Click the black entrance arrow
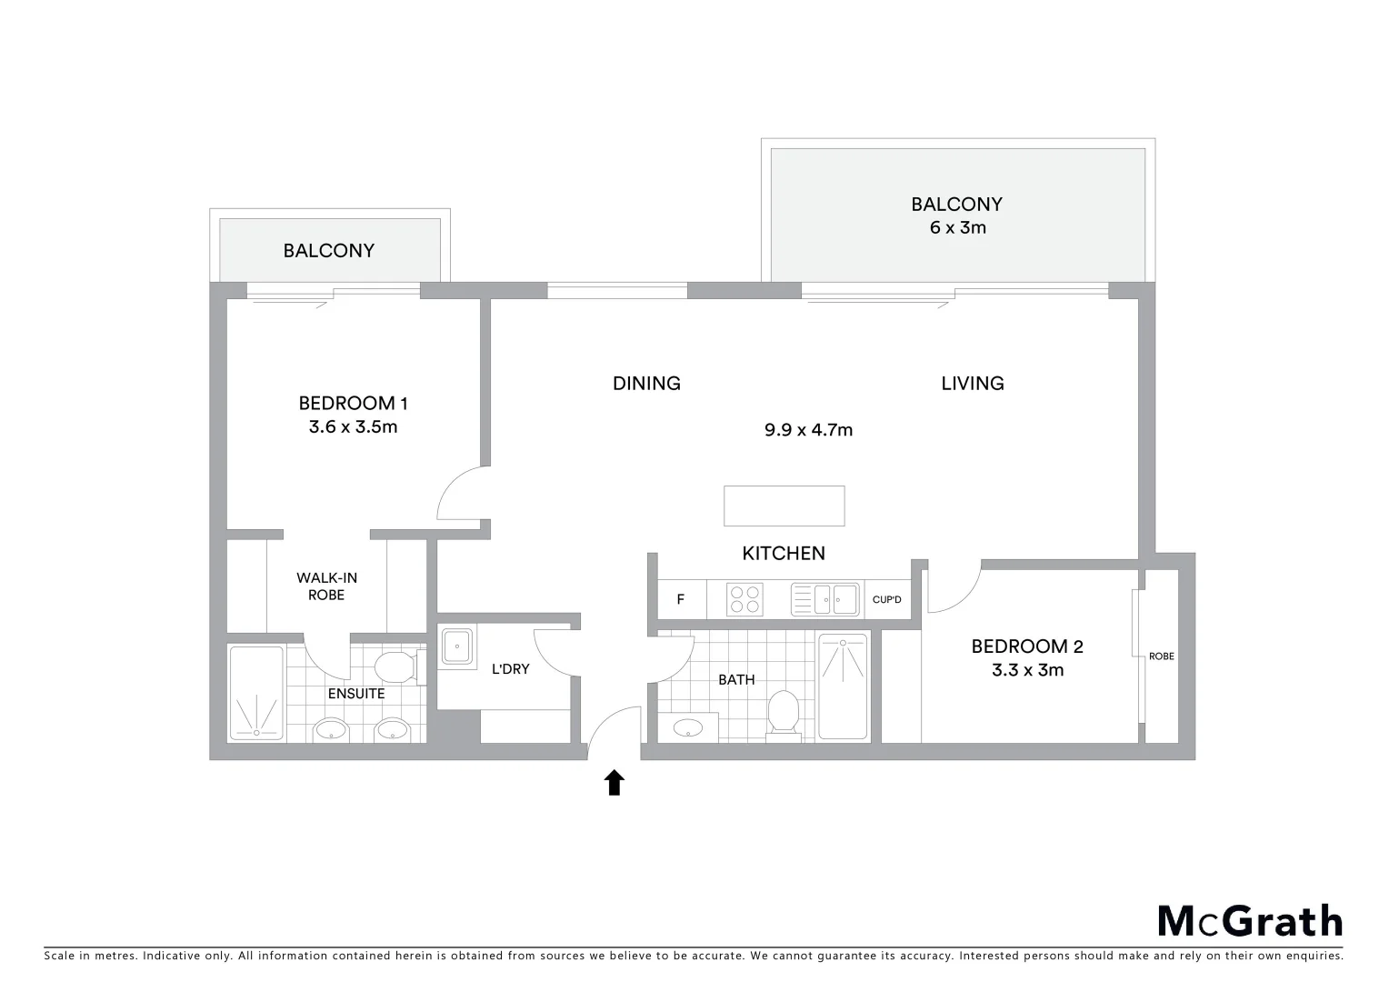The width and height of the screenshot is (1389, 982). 615,782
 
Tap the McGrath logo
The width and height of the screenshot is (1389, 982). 1249,921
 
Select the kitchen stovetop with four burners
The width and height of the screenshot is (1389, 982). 744,599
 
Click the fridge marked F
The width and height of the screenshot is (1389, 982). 680,599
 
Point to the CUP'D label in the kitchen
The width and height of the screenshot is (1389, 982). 886,599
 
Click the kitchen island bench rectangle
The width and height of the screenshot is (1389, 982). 784,506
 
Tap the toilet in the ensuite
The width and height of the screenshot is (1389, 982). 395,666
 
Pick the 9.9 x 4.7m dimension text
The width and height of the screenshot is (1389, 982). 808,430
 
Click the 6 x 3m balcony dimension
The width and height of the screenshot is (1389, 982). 957,227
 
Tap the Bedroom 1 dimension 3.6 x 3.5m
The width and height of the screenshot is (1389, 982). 353,426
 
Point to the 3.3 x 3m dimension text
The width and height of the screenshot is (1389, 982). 1027,670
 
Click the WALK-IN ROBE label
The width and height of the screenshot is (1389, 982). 325,586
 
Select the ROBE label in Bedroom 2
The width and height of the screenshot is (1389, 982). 1161,656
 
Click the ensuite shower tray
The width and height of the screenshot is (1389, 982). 256,692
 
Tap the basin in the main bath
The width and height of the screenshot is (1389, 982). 688,727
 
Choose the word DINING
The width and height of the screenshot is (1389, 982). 646,383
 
